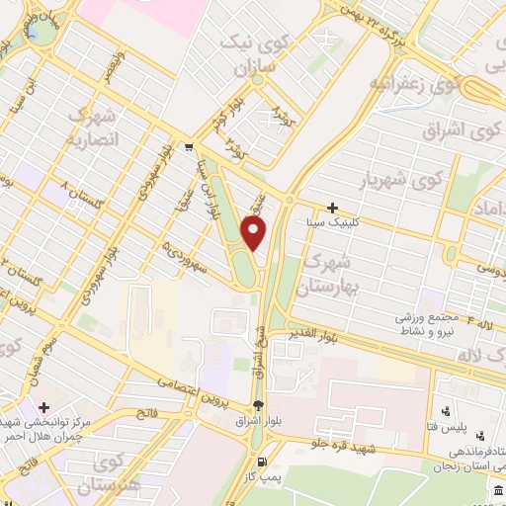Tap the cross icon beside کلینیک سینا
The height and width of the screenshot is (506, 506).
pyautogui.click(x=333, y=208)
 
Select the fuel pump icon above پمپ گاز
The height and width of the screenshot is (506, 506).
pyautogui.click(x=262, y=463)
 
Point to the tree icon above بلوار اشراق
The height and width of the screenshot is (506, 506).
pyautogui.click(x=258, y=405)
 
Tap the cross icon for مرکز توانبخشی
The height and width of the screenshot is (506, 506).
pyautogui.click(x=42, y=405)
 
